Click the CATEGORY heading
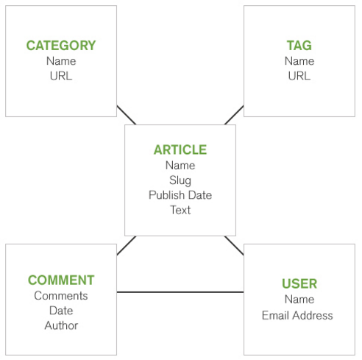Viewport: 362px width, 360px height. [61, 46]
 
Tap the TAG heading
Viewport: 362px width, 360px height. [299, 46]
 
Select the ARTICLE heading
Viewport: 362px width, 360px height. [180, 149]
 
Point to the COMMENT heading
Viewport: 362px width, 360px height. [61, 280]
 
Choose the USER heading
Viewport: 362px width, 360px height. [299, 283]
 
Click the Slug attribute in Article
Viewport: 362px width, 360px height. [180, 180]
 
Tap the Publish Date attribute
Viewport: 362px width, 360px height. [180, 195]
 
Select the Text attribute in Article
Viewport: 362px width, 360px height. [180, 210]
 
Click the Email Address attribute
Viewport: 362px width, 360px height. [297, 315]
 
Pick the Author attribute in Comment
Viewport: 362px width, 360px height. [61, 325]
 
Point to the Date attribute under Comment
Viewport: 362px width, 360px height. [61, 311]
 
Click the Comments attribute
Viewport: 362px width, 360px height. [61, 296]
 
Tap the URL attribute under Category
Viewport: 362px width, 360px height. [61, 76]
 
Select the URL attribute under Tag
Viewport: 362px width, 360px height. [299, 76]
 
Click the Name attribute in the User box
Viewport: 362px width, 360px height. [299, 300]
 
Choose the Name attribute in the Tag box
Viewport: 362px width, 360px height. [299, 61]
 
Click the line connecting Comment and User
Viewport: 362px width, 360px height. [180, 292]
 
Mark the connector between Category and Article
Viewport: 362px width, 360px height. [127, 115]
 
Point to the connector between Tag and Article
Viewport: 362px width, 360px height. [234, 115]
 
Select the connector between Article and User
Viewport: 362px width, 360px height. [234, 246]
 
